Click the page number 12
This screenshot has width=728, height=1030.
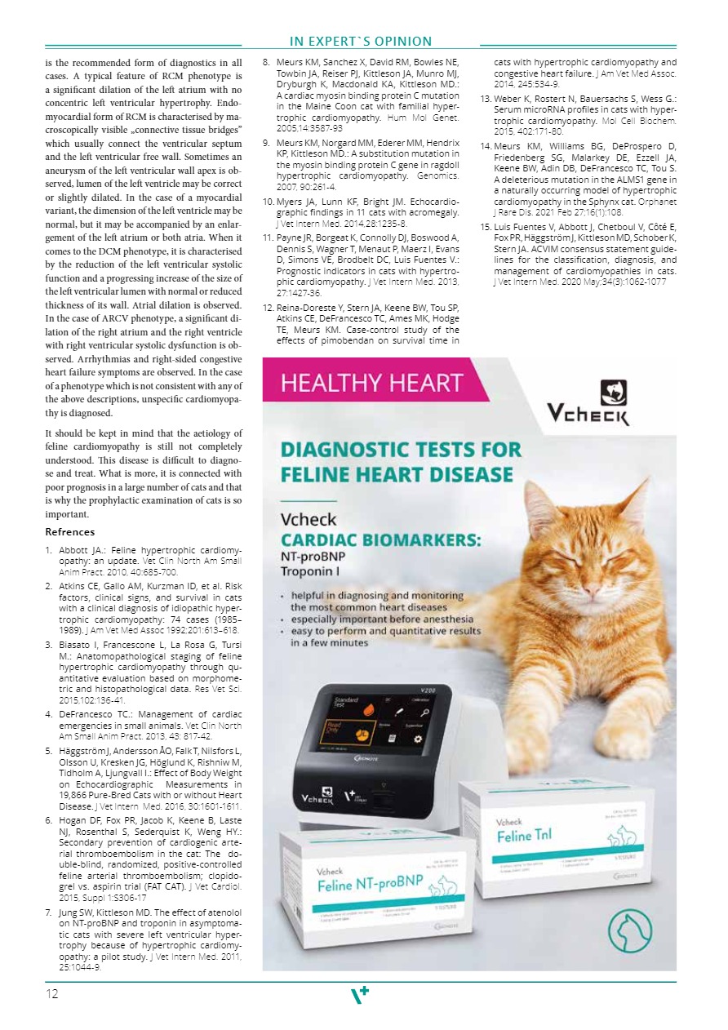(x=51, y=994)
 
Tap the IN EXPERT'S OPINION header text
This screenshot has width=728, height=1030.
(x=360, y=42)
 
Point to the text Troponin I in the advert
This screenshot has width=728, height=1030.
(x=311, y=573)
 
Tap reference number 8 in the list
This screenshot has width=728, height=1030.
(x=266, y=62)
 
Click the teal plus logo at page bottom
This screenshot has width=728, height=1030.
(x=360, y=994)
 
